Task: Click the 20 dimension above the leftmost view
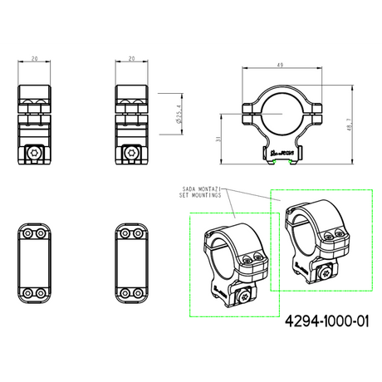(35, 59)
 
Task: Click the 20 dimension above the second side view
(131, 59)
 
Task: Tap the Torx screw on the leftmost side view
(34, 153)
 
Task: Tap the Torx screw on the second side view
(133, 153)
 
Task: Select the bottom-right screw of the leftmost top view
(41, 292)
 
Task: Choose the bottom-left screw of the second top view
(125, 292)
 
